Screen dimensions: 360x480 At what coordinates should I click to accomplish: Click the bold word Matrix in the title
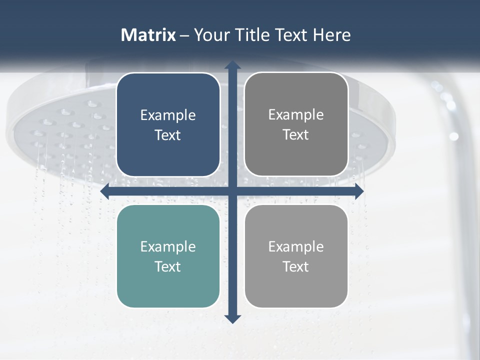click(x=148, y=35)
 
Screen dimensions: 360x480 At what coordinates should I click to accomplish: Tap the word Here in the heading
click(x=331, y=35)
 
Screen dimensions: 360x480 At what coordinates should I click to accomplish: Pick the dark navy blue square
click(x=168, y=124)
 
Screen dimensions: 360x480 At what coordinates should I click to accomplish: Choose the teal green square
click(x=168, y=256)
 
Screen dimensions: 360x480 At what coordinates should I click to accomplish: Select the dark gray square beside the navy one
click(x=296, y=124)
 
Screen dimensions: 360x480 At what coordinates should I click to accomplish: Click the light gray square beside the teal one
click(x=296, y=256)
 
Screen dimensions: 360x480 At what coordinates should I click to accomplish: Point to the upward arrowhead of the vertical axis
click(x=232, y=65)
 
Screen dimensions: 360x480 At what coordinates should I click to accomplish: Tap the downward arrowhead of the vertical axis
click(x=232, y=318)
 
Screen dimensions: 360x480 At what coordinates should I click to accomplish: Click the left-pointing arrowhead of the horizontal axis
click(x=105, y=191)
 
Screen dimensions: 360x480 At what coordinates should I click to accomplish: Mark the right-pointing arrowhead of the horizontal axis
click(x=359, y=191)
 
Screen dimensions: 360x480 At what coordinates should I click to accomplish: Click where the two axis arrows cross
click(x=232, y=191)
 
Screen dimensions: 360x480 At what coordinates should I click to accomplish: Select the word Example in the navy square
click(x=168, y=115)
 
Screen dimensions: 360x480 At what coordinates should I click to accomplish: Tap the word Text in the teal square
click(x=168, y=266)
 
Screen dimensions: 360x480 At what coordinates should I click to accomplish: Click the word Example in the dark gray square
click(x=296, y=115)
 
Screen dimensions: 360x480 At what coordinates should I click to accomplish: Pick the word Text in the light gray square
click(x=296, y=266)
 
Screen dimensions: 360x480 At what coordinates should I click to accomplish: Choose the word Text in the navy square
click(x=168, y=135)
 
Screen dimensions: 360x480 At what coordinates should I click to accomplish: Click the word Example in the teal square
click(x=168, y=246)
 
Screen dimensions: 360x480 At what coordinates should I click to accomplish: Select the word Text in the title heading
click(x=292, y=35)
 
